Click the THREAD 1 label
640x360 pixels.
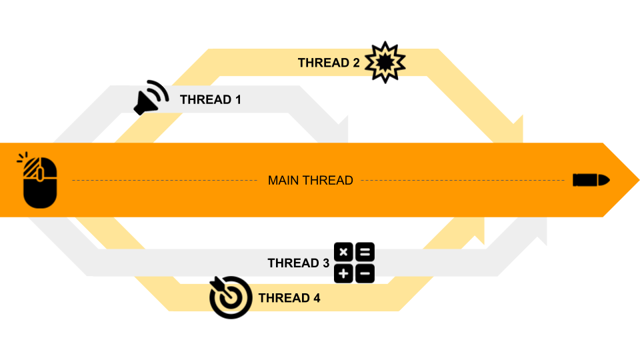(210, 100)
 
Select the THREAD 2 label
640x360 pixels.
(329, 63)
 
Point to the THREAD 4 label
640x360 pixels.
(289, 298)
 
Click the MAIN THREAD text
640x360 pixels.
(310, 180)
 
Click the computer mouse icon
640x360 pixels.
(39, 181)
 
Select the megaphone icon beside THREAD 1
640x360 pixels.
(151, 98)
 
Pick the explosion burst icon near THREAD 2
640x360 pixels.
(385, 62)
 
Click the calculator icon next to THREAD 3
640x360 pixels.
(354, 263)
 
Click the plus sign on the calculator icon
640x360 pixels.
(343, 273)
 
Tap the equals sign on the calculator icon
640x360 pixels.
(365, 252)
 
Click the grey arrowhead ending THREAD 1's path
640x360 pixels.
(341, 130)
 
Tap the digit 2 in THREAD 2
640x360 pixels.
(356, 63)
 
